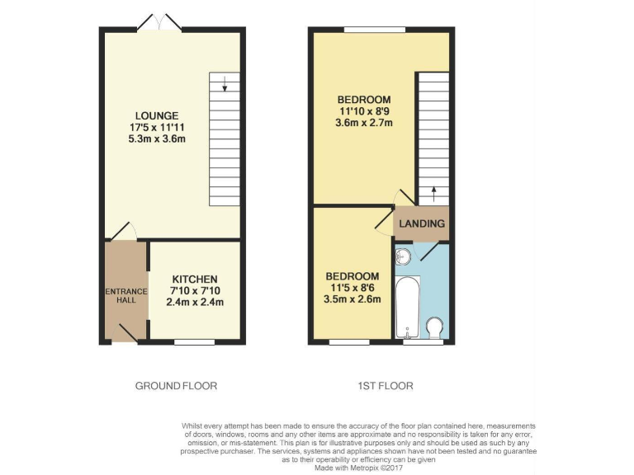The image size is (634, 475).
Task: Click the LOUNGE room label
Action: click(x=157, y=115)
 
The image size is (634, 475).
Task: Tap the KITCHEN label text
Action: click(x=195, y=280)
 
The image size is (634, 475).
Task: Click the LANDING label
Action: click(x=422, y=223)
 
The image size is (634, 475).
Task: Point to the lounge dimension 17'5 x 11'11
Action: click(x=157, y=127)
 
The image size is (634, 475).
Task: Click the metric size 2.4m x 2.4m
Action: click(x=195, y=303)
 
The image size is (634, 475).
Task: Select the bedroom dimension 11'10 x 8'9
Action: click(x=364, y=111)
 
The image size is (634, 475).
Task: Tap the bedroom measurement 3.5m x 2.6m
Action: click(x=352, y=299)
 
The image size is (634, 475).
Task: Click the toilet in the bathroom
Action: click(x=435, y=328)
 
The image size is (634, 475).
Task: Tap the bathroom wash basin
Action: click(x=404, y=255)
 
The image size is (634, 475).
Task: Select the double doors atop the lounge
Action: click(x=159, y=22)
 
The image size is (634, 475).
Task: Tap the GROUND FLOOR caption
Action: click(x=176, y=386)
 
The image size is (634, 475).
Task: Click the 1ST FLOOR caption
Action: click(x=386, y=386)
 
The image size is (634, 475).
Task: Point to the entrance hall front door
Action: click(x=125, y=333)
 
